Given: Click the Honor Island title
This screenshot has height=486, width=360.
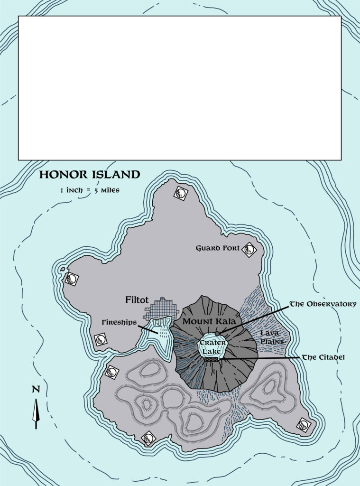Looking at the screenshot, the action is [x=89, y=175].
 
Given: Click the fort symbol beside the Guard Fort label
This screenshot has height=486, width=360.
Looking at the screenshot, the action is [x=249, y=249].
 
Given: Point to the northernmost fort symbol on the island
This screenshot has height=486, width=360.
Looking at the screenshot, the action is [x=181, y=193].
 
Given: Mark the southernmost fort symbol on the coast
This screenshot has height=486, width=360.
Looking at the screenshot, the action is [x=148, y=439].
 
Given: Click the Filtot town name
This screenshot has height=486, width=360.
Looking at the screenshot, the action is [x=137, y=300].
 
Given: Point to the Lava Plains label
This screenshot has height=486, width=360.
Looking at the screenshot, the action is [x=272, y=337].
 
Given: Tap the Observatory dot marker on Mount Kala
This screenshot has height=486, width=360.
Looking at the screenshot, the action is [x=217, y=334].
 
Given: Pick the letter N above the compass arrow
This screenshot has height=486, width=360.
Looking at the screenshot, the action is [x=36, y=389].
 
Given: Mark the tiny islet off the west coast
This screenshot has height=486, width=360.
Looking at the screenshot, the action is [x=62, y=270].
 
